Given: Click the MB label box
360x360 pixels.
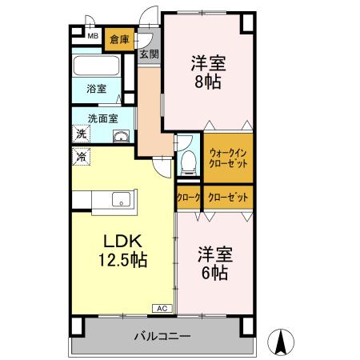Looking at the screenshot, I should coord(93,36).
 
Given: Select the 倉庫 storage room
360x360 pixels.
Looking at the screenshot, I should coord(120,38).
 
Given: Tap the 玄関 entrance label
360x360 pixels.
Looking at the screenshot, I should coord(149,54).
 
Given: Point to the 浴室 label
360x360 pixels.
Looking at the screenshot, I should coord(96,89).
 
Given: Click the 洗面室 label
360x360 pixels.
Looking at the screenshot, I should coord(103,118).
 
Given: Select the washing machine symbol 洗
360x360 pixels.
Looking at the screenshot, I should coord(81,134).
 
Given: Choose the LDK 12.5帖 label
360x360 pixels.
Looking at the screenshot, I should coord(122,250).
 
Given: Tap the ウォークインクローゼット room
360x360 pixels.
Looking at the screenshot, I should coord(227,158).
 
